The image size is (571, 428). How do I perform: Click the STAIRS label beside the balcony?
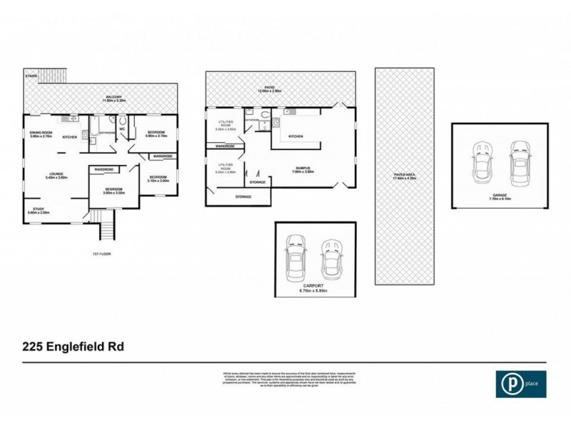pyautogui.click(x=31, y=75)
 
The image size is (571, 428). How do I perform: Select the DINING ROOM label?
pyautogui.click(x=41, y=133)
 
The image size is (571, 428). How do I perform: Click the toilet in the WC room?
pyautogui.click(x=122, y=121)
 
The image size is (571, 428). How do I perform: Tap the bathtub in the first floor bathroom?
pyautogui.click(x=91, y=127)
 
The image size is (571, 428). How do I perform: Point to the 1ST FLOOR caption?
pyautogui.click(x=101, y=253)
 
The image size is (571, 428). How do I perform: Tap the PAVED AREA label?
pyautogui.click(x=405, y=175)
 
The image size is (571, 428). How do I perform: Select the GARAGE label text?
pyautogui.click(x=500, y=196)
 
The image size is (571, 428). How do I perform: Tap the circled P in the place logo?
pyautogui.click(x=509, y=384)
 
